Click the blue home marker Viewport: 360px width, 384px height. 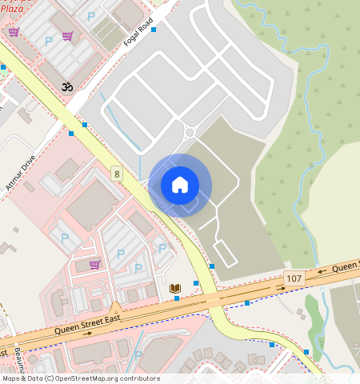click(180, 186)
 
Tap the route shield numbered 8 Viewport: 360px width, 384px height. click(117, 174)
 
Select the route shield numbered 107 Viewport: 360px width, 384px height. click(294, 278)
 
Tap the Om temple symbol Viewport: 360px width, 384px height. click(65, 85)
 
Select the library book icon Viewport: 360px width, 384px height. click(175, 287)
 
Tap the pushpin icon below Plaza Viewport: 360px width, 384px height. click(14, 32)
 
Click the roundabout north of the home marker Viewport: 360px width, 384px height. click(190, 133)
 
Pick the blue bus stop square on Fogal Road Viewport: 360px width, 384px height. click(153, 30)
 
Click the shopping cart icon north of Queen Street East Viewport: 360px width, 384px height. click(94, 264)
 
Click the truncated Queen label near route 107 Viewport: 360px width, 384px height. click(346, 266)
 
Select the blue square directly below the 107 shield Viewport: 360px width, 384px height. click(248, 303)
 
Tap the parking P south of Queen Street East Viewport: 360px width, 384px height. click(138, 355)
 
